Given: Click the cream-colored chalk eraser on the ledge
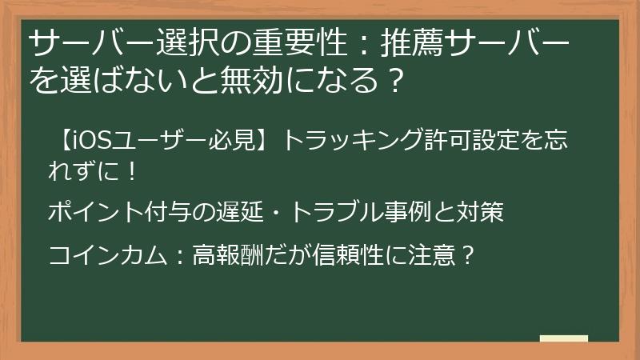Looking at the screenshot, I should tap(564, 338).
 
